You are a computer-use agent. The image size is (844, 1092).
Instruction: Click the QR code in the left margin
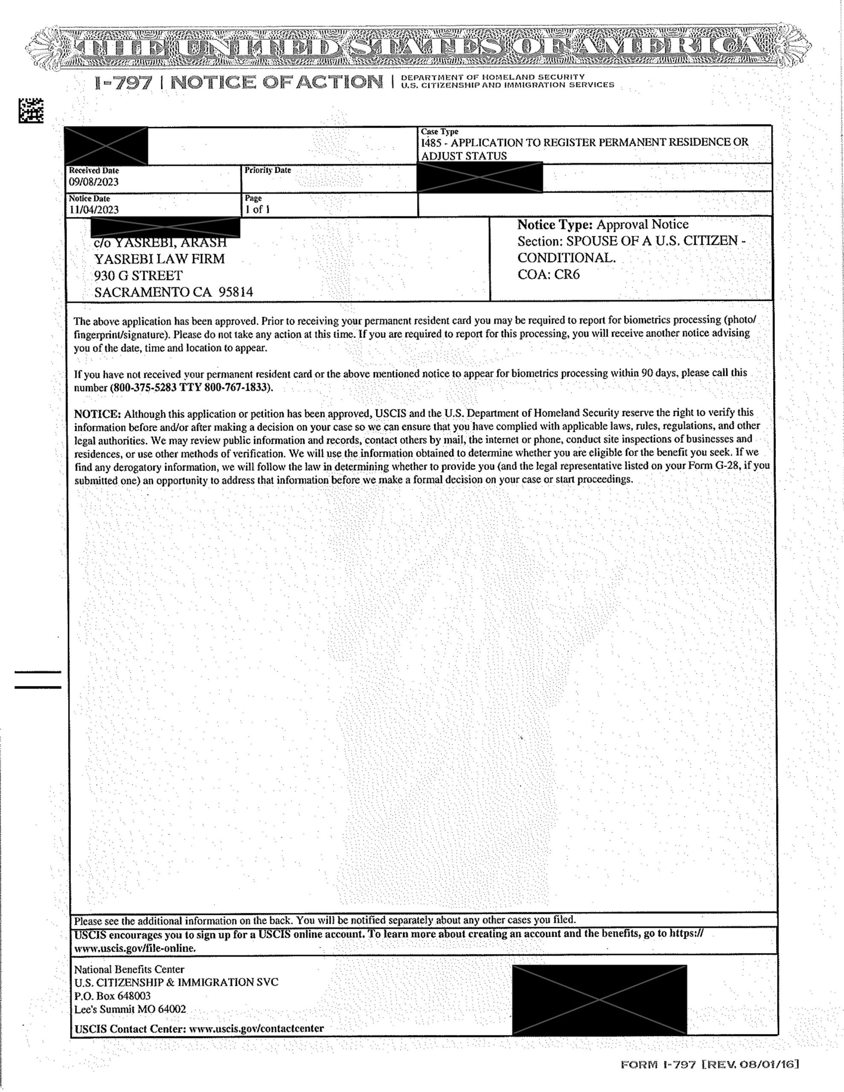[x=31, y=110]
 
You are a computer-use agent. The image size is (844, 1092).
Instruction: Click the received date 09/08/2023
[x=93, y=182]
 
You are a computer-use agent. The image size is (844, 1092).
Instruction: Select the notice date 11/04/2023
[x=94, y=209]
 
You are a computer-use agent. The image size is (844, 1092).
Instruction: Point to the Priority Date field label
[x=268, y=170]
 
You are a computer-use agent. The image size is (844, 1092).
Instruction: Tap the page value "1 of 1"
[x=257, y=209]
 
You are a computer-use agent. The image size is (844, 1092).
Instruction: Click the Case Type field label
[x=439, y=131]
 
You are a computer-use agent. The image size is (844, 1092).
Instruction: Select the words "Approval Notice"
[x=642, y=224]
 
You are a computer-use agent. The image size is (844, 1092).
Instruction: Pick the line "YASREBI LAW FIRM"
[x=160, y=259]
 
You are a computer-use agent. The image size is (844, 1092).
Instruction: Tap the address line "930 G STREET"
[x=138, y=276]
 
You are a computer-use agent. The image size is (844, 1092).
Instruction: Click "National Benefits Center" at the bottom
[x=129, y=970]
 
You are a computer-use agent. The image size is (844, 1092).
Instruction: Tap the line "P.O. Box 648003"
[x=113, y=996]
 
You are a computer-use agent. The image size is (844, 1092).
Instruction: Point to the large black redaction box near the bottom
[x=600, y=999]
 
